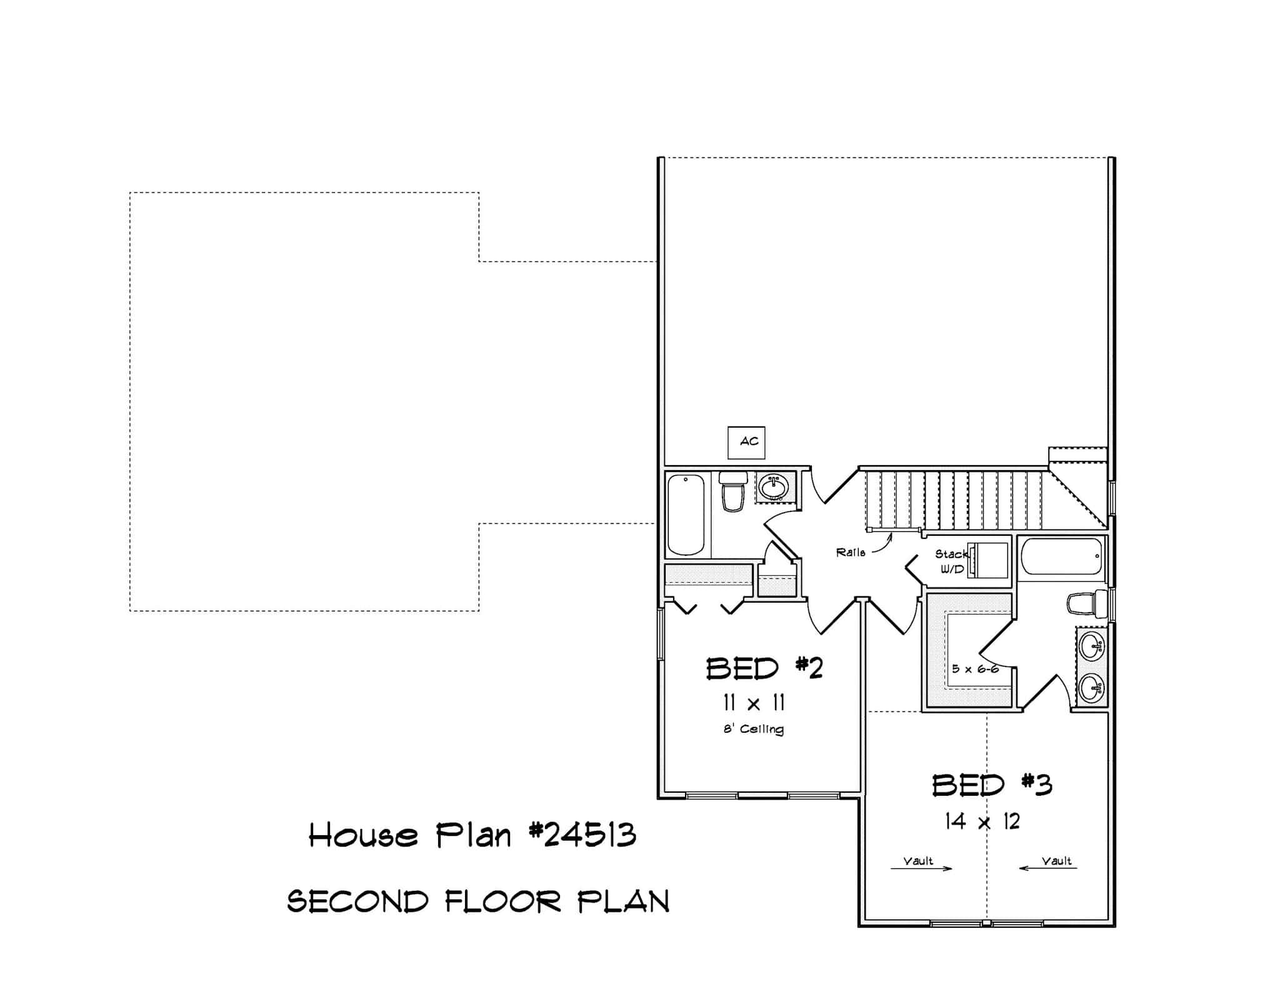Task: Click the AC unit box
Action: [746, 442]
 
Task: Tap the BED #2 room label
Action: [764, 669]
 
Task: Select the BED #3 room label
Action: [992, 785]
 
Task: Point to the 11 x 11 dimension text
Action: [754, 703]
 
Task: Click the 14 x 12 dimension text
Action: [982, 821]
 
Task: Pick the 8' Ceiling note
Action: [754, 729]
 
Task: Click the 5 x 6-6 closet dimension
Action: [975, 669]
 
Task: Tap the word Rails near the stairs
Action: [851, 553]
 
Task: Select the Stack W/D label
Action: [951, 561]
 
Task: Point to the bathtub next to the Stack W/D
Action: [1061, 556]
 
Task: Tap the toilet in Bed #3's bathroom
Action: [1087, 605]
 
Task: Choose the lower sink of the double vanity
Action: [1091, 688]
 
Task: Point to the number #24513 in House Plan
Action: [582, 835]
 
